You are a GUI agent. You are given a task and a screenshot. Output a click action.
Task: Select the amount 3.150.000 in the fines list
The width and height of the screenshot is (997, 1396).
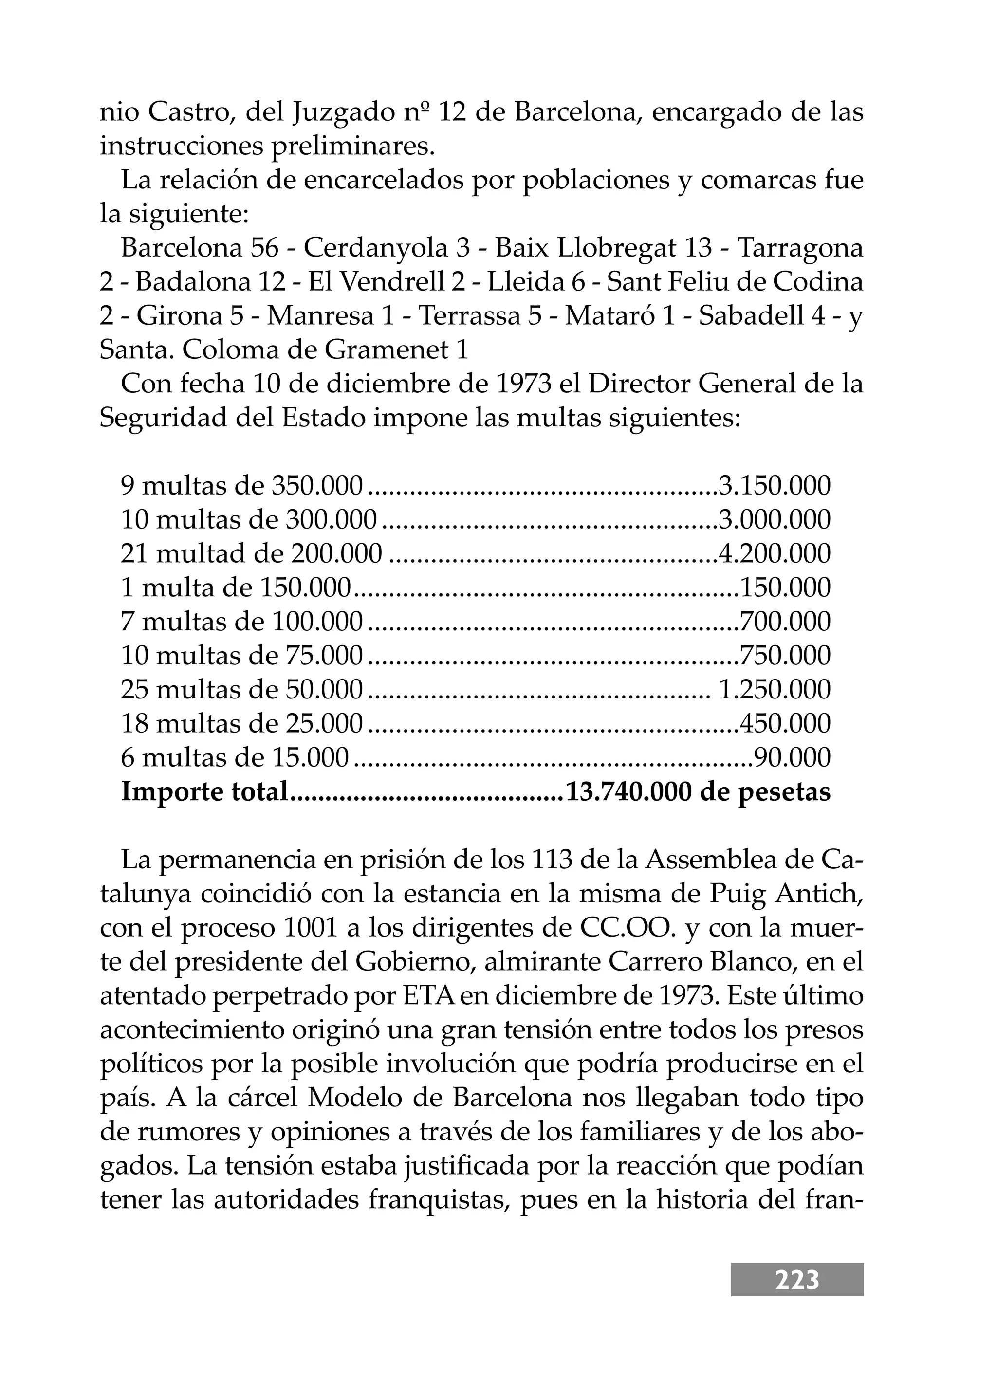(774, 486)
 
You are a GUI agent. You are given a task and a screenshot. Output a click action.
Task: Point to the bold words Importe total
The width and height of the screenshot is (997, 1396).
(204, 792)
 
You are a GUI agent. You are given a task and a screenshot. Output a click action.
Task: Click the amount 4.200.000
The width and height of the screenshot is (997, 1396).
(774, 554)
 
